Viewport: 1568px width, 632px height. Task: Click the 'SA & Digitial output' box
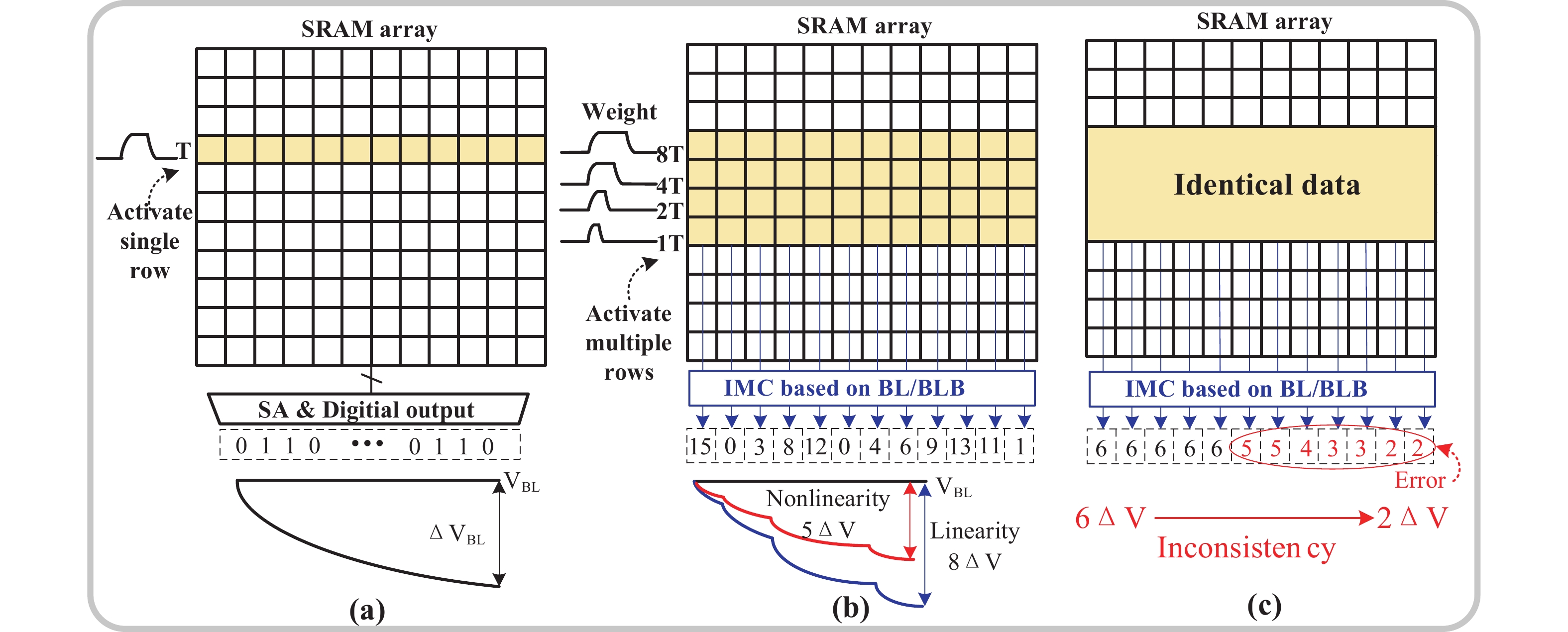[368, 410]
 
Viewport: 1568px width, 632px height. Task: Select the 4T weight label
[670, 185]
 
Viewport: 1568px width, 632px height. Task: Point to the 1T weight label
[670, 243]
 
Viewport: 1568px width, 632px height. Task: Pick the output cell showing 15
[700, 446]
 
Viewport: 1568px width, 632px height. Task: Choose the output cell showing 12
[816, 446]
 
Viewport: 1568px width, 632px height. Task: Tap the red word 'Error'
[1420, 481]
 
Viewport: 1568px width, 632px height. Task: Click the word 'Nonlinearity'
[827, 499]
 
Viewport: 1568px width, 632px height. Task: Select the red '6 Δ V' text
[1110, 518]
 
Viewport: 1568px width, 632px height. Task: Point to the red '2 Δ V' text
[1412, 518]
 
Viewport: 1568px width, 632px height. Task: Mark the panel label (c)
[1264, 606]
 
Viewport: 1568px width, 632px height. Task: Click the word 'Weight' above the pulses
[619, 112]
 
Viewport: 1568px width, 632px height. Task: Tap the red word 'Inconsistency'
[1245, 548]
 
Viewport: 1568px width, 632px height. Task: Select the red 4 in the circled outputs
[1305, 448]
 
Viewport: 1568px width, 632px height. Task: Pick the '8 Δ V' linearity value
[974, 561]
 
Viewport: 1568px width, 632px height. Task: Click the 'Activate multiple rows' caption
[629, 342]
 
